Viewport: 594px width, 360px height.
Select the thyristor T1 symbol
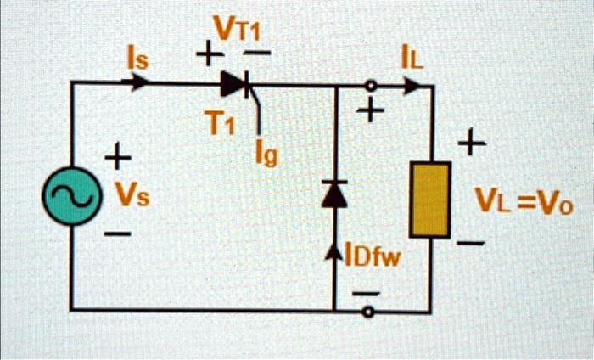pyautogui.click(x=235, y=83)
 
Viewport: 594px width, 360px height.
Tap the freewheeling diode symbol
pyautogui.click(x=336, y=194)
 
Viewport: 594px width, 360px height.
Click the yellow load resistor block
pyautogui.click(x=430, y=200)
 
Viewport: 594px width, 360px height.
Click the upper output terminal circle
pyautogui.click(x=369, y=85)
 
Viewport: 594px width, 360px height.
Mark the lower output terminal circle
pyautogui.click(x=368, y=312)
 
